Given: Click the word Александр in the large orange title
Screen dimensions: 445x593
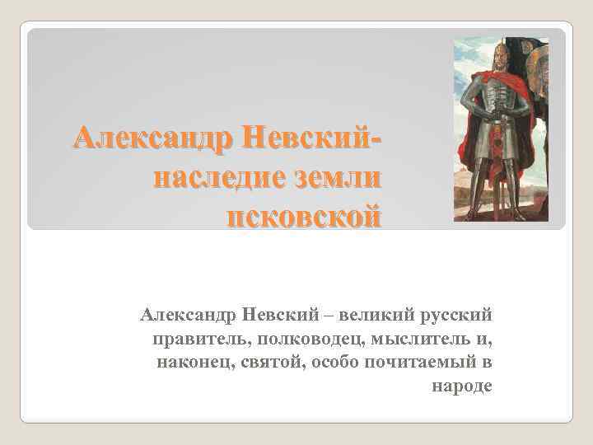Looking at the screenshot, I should [x=144, y=135].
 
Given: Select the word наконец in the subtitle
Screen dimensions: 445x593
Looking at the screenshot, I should [x=185, y=362].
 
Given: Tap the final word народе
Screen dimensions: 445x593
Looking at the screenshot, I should [x=461, y=386].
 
